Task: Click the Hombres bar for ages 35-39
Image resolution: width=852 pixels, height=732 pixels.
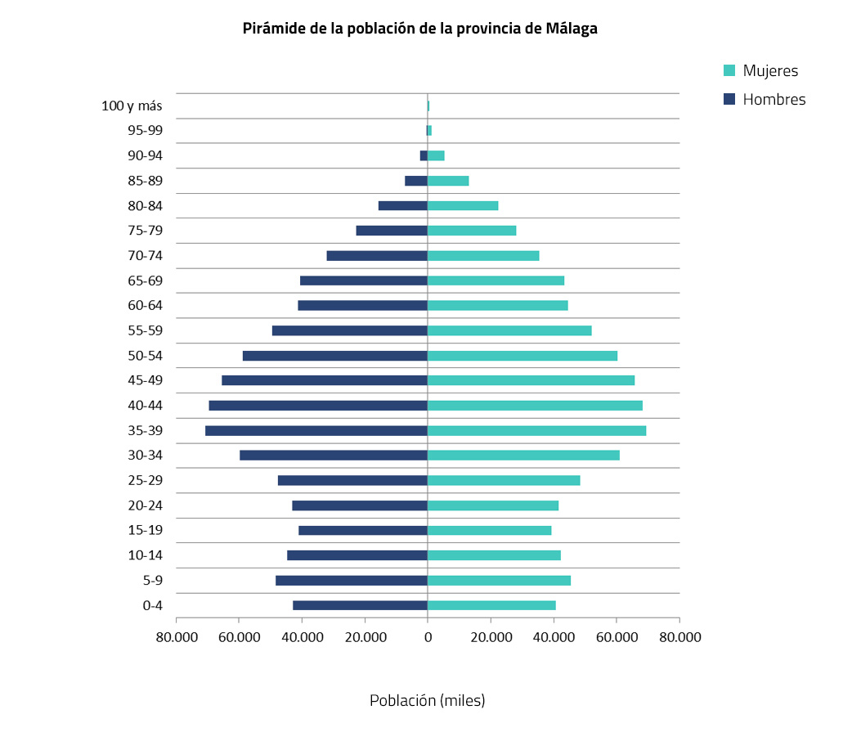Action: click(316, 431)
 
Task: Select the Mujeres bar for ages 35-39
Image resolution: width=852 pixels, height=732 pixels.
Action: click(536, 431)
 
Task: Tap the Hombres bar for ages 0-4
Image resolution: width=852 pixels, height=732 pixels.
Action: click(360, 605)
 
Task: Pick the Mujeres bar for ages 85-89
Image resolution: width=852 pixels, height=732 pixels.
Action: click(448, 181)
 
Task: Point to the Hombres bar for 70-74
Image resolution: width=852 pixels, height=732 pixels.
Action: click(377, 256)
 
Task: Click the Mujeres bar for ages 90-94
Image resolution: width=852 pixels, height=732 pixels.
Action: click(436, 155)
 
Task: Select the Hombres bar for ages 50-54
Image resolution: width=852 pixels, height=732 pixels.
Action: click(335, 356)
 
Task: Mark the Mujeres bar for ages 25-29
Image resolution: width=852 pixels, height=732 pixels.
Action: click(504, 481)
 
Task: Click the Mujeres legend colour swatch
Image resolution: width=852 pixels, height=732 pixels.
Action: click(730, 70)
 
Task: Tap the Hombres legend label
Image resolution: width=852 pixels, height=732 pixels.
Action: click(774, 100)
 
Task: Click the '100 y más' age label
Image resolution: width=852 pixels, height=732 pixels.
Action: click(132, 106)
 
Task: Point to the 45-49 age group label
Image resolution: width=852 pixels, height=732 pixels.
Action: click(145, 380)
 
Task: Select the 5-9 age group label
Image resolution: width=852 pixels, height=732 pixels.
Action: click(152, 581)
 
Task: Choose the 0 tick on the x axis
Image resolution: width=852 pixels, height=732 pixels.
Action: click(428, 636)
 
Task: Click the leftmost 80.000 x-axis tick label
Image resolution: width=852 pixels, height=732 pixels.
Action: click(177, 636)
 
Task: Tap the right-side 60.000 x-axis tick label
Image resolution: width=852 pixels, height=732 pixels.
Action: click(617, 636)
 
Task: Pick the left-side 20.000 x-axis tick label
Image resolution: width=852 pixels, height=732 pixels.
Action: click(365, 636)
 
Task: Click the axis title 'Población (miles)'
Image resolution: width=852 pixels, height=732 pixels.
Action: click(427, 701)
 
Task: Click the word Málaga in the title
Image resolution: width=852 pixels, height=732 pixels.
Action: click(572, 29)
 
